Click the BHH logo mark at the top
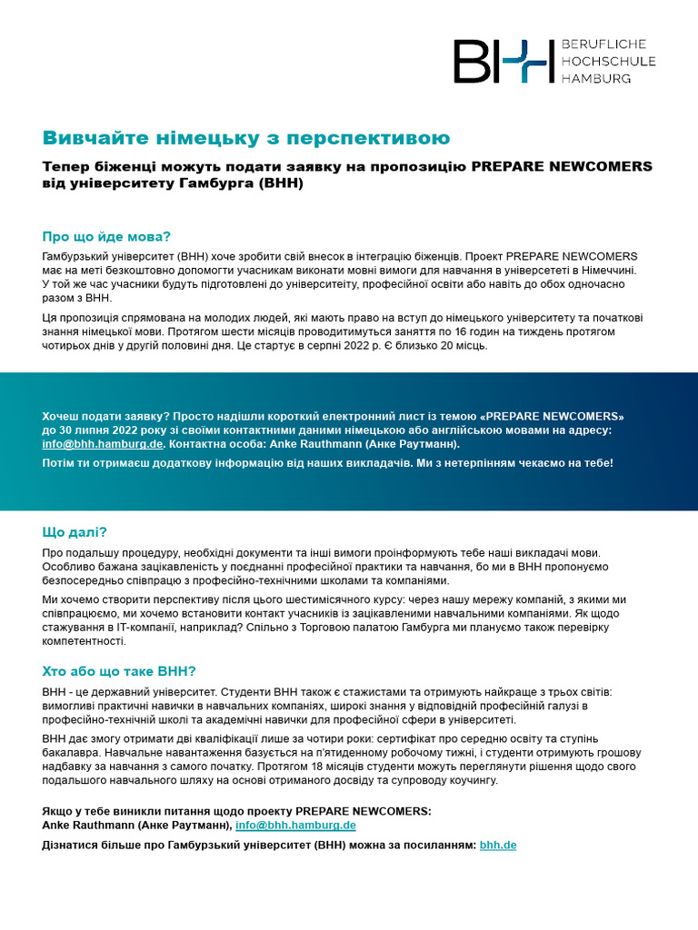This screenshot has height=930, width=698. pos(504,61)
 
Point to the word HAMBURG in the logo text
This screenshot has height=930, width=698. pos(597,78)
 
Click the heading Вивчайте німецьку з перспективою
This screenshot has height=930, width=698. pos(246,138)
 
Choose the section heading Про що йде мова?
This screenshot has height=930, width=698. pos(106,236)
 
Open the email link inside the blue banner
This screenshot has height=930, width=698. pos(103,444)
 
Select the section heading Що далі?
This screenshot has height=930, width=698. pos(81,532)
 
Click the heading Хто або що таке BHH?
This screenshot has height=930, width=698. pos(119,672)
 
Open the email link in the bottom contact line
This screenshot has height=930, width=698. pos(295,826)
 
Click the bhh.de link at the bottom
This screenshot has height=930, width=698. pos(498,845)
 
